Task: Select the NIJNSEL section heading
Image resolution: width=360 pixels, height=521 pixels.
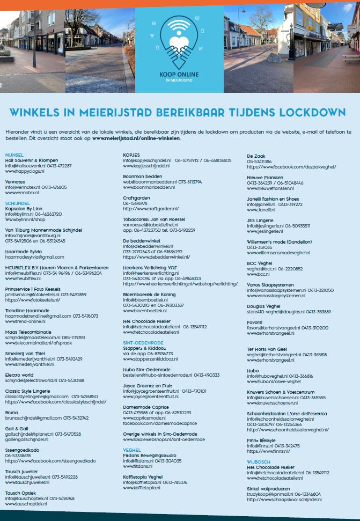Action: [x=14, y=155]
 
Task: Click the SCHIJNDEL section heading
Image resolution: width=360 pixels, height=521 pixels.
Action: [x=17, y=203]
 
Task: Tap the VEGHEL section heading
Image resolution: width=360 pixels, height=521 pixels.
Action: [x=131, y=450]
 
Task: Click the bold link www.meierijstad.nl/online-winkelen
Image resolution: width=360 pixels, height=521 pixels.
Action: [x=136, y=138]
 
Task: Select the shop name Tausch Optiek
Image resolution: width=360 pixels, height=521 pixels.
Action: [x=21, y=493]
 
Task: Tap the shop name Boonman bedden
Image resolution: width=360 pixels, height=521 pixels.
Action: [x=142, y=176]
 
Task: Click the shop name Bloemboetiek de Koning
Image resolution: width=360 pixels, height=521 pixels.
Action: [x=149, y=294]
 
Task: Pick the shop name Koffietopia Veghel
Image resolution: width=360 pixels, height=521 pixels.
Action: [x=142, y=476]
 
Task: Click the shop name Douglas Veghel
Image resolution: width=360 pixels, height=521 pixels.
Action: [x=263, y=306]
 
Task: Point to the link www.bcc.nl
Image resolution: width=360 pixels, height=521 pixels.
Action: [x=259, y=274]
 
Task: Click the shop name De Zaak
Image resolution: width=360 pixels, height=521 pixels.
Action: [x=256, y=155]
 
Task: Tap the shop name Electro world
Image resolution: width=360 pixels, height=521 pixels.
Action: [x=19, y=375]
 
